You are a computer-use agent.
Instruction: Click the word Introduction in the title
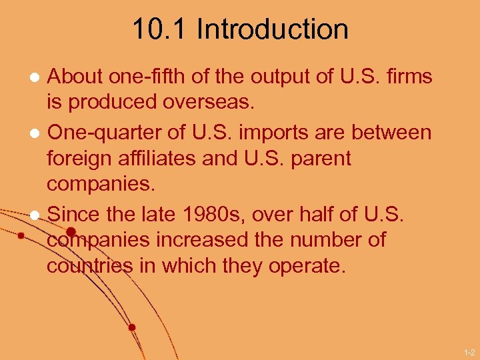[x=273, y=29]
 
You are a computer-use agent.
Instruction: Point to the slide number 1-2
[x=469, y=351]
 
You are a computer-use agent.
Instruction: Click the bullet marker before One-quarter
[x=34, y=133]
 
